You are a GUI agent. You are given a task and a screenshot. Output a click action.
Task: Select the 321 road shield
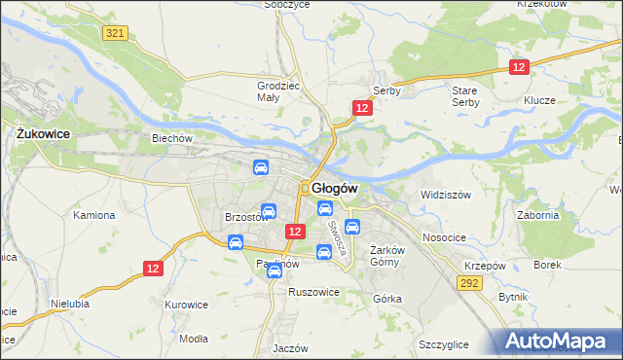click(x=115, y=33)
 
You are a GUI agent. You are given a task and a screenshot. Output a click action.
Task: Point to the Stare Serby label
click(x=465, y=95)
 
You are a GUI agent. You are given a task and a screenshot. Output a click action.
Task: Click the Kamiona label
click(x=94, y=214)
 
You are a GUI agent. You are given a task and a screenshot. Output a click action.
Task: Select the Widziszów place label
click(x=445, y=195)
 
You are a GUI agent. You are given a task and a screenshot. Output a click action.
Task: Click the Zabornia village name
click(x=537, y=216)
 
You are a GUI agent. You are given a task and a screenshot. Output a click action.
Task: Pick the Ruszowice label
click(x=312, y=291)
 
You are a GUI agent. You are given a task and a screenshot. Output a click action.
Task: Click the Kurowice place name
click(x=187, y=305)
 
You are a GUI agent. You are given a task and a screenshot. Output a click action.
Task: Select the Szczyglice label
click(x=443, y=344)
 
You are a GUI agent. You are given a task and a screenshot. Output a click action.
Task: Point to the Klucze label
click(x=538, y=100)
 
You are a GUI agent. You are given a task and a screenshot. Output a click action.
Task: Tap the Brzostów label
click(x=245, y=217)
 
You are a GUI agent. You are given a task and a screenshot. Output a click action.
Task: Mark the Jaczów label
click(x=290, y=347)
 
